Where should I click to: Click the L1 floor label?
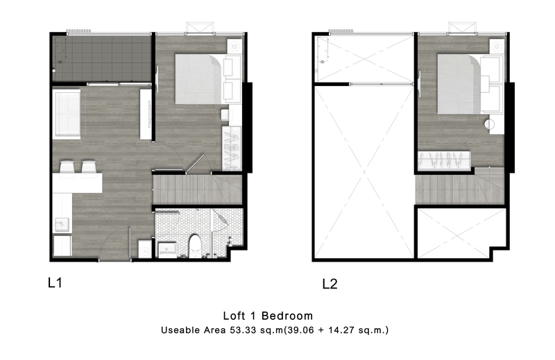point(55,283)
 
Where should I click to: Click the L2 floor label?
point(330,284)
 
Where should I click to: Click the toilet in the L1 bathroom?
point(195,246)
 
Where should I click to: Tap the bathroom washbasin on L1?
point(167,250)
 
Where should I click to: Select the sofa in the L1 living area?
point(67,114)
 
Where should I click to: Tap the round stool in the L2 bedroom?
point(490,125)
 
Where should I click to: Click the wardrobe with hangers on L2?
point(444,161)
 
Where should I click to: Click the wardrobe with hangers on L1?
point(232,148)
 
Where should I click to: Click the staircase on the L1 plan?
point(198,190)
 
